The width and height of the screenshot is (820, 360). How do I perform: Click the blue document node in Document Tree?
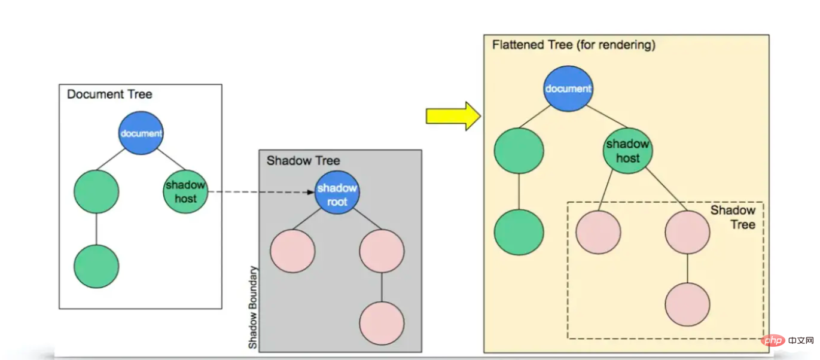141,133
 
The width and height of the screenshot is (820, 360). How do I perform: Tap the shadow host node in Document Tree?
185,191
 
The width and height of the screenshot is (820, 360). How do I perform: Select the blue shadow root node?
337,195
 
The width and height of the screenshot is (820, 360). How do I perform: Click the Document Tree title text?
109,94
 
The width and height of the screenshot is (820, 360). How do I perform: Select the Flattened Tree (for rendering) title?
574,45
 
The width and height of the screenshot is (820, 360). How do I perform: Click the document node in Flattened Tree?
568,89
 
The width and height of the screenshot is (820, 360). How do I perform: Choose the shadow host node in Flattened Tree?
627,151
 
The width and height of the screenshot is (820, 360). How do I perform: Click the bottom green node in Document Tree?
96,266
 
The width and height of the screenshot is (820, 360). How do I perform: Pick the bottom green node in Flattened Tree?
519,233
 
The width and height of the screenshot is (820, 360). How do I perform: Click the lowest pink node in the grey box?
382,323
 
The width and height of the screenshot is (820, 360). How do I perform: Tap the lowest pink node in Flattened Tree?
687,304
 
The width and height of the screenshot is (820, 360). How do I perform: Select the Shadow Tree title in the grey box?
303,161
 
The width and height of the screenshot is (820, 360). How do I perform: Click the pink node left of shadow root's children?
292,251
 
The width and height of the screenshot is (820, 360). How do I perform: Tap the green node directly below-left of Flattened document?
519,150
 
